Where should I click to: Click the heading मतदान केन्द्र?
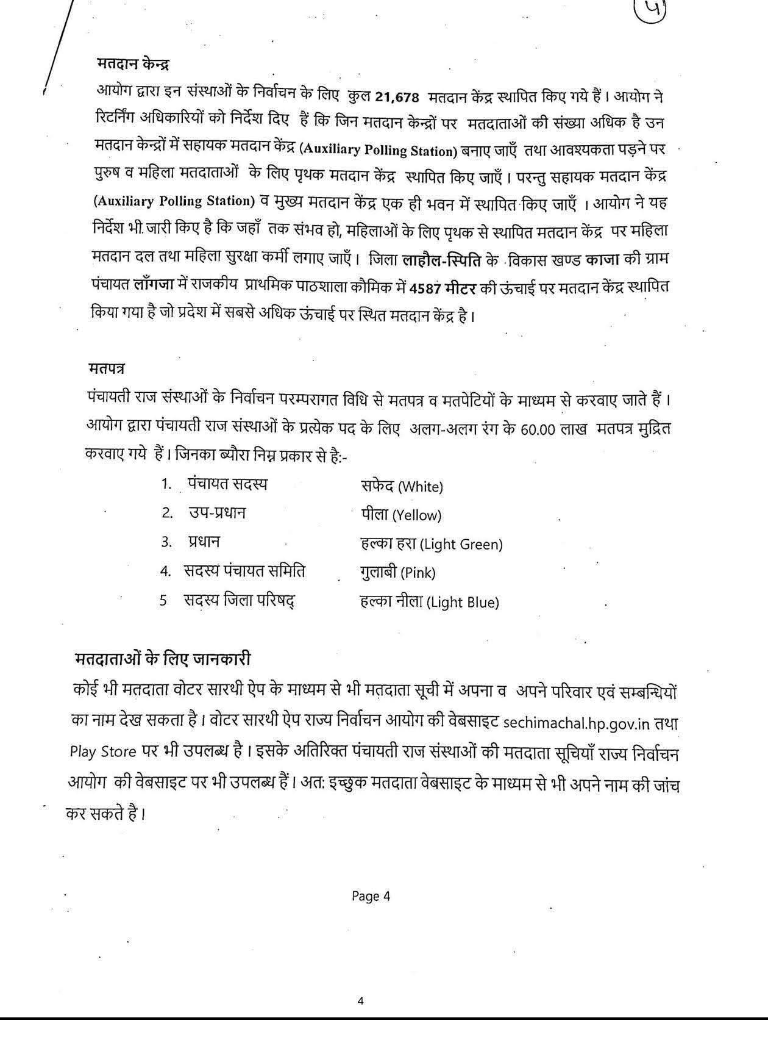click(133, 63)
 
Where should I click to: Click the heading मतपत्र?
click(107, 369)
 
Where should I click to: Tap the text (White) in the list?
click(420, 487)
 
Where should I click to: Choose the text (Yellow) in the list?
click(417, 515)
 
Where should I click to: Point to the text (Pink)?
click(418, 573)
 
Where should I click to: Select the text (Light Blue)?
click(463, 603)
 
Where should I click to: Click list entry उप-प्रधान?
click(217, 513)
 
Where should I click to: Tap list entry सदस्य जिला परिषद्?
click(240, 600)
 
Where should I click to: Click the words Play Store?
click(102, 751)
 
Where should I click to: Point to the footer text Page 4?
click(371, 896)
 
